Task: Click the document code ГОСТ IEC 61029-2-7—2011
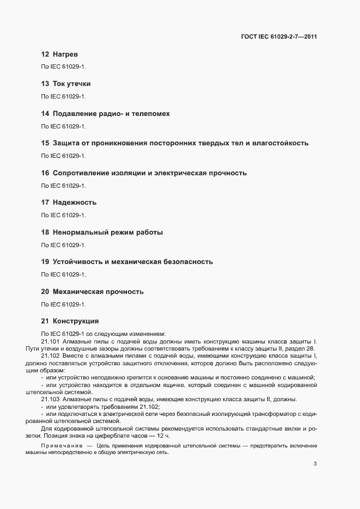[278, 37]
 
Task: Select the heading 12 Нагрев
[60, 55]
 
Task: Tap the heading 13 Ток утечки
[66, 84]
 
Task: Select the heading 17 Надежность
[69, 203]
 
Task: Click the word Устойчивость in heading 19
[77, 262]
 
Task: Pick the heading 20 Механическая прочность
[93, 292]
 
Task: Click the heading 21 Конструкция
[70, 321]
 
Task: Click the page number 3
[315, 464]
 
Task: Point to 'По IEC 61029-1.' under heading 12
[64, 67]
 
